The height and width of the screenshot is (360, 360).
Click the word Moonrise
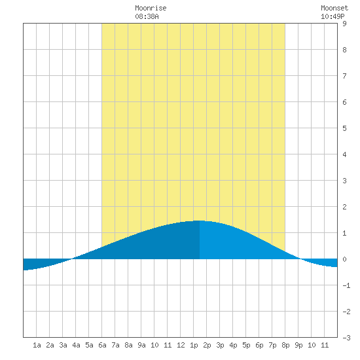(x=151, y=8)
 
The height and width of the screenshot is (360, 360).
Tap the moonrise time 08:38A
(x=147, y=16)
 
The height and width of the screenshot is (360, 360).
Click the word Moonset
(x=334, y=8)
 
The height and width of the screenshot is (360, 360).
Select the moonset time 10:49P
(x=333, y=16)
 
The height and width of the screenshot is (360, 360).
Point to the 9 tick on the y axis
(x=344, y=24)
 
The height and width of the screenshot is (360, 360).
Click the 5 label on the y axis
(x=344, y=128)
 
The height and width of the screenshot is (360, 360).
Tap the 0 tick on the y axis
(x=344, y=259)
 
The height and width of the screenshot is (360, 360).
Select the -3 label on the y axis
(x=346, y=338)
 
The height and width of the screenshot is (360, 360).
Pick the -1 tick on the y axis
(x=346, y=285)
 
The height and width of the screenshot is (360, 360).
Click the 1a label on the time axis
(x=37, y=345)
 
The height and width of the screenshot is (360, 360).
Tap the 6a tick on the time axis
(x=102, y=345)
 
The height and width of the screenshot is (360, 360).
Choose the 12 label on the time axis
(x=181, y=345)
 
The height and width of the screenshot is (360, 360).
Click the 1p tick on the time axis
(x=194, y=345)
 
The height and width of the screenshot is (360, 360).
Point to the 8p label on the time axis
(x=285, y=345)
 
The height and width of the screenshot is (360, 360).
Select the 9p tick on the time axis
(x=298, y=345)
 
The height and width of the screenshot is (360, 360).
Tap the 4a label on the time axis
(x=76, y=345)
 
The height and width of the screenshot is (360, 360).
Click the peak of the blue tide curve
(x=199, y=221)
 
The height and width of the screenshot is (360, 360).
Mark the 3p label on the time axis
(x=220, y=345)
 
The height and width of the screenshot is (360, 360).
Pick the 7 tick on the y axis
(x=344, y=76)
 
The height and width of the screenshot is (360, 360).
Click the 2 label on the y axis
(x=344, y=207)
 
